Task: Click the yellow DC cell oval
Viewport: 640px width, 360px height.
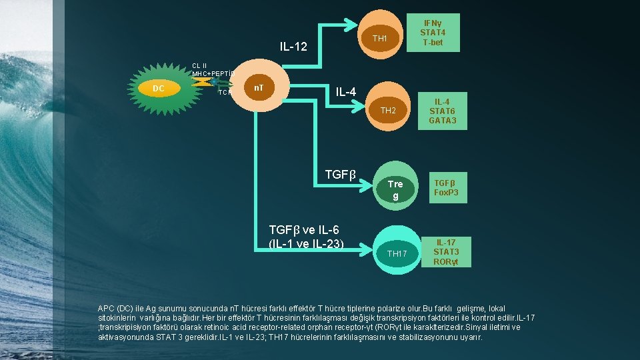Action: (x=159, y=88)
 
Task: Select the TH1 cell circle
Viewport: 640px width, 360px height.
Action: (x=380, y=39)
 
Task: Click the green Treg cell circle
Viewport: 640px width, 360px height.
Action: (x=395, y=189)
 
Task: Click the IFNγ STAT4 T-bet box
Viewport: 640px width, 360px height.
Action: (x=432, y=28)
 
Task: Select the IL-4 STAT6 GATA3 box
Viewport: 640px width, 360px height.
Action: (x=443, y=111)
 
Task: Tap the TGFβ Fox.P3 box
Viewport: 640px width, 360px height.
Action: (x=446, y=188)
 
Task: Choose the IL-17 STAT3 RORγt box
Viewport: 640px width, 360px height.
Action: (x=446, y=251)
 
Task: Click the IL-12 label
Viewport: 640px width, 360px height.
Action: (x=293, y=47)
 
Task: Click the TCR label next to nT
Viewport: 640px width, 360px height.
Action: (x=225, y=93)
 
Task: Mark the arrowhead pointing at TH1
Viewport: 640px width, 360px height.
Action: (x=351, y=25)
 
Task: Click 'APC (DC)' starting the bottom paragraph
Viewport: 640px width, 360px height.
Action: (x=116, y=309)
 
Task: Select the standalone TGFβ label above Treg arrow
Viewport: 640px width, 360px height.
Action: (x=341, y=175)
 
